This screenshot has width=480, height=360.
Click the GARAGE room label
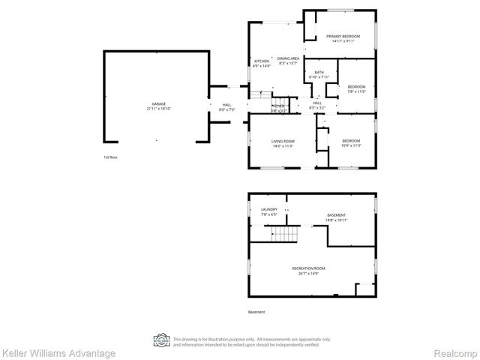coord(159,104)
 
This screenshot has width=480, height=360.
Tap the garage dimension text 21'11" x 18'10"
coord(159,109)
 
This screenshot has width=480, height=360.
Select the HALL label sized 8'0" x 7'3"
coord(226,105)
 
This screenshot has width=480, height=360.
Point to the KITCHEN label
coord(262,61)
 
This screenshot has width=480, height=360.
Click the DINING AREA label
coord(289,58)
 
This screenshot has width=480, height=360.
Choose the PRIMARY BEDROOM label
coord(343,36)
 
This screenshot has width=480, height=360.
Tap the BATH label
coord(319,73)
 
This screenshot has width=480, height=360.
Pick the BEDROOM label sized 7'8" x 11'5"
coord(356,87)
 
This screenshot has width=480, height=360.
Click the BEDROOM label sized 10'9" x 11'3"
coord(351,141)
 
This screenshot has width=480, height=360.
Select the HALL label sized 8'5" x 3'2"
coord(316,103)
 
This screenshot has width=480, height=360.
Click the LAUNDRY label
coord(268,209)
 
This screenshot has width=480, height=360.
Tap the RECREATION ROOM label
coord(308,268)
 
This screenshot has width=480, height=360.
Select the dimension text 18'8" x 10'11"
coord(336,220)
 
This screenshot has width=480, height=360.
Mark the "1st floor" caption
coord(111,157)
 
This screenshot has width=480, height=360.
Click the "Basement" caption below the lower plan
coord(256,312)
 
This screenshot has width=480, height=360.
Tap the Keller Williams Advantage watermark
coord(58,352)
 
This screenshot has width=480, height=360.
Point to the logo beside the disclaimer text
coord(160,340)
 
